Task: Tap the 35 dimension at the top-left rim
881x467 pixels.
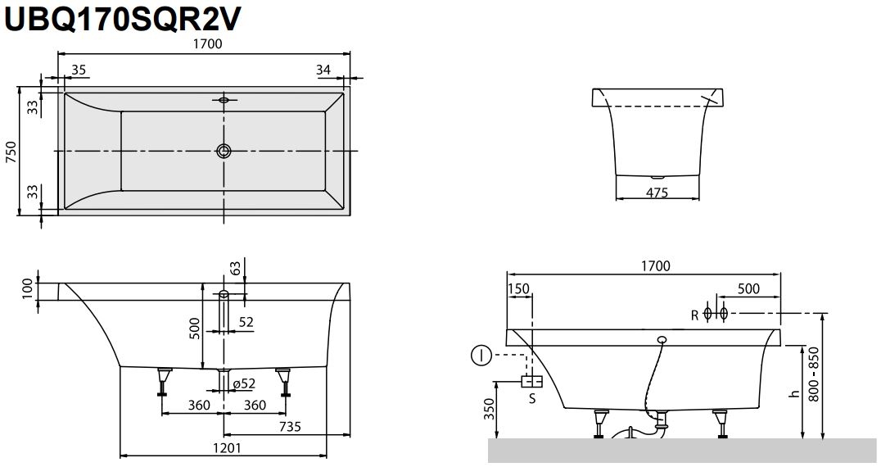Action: pos(79,70)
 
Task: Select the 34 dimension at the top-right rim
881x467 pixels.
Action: pos(323,70)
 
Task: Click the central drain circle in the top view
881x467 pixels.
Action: pos(224,151)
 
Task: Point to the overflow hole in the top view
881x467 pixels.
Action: pos(224,101)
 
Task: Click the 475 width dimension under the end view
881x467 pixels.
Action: pos(657,193)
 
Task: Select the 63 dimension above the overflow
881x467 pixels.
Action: pos(236,269)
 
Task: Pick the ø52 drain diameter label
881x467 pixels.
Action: pos(244,383)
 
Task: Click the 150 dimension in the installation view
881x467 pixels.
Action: pos(518,288)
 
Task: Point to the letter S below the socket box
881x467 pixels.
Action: pos(531,399)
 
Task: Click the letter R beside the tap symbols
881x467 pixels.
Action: pos(694,314)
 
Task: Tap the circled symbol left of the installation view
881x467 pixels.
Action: pos(481,356)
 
